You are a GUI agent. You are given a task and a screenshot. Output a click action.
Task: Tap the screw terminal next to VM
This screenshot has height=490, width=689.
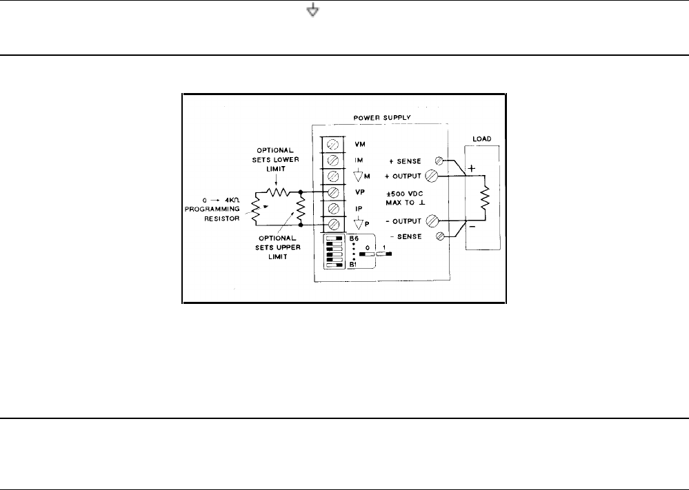coord(334,145)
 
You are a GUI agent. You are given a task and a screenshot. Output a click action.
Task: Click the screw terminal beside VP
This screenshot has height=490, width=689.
coord(334,192)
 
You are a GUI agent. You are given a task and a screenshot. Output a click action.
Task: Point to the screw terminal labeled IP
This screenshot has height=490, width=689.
coord(334,208)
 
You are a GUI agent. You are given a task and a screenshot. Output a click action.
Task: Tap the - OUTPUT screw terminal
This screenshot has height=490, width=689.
coord(434,221)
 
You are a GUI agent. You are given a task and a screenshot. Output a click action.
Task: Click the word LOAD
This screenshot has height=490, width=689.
coord(481,139)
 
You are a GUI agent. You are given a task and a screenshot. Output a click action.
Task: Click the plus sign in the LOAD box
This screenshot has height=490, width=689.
coord(472,168)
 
